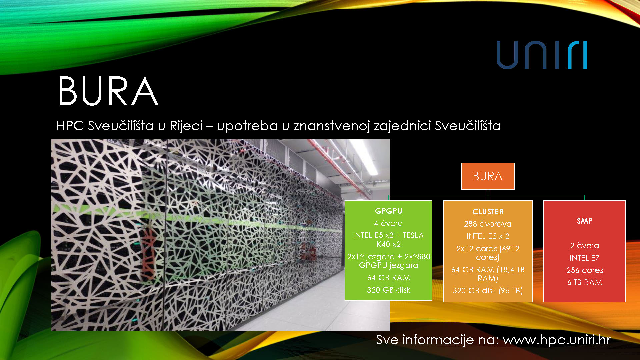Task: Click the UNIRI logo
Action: pyautogui.click(x=542, y=55)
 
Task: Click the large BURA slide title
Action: pyautogui.click(x=108, y=91)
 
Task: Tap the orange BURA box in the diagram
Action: pyautogui.click(x=488, y=176)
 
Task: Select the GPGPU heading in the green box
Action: pyautogui.click(x=389, y=211)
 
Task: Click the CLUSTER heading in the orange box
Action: pyautogui.click(x=488, y=212)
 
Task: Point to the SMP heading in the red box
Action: pyautogui.click(x=585, y=221)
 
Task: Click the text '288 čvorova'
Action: pyautogui.click(x=488, y=224)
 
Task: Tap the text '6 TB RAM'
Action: pyautogui.click(x=585, y=282)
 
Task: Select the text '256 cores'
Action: pyautogui.click(x=585, y=270)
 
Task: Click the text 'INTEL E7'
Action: pyautogui.click(x=584, y=258)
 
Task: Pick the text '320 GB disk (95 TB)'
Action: pyautogui.click(x=488, y=291)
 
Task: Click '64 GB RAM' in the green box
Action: pyautogui.click(x=389, y=278)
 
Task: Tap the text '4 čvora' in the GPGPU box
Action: pyautogui.click(x=388, y=223)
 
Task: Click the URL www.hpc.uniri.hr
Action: pyautogui.click(x=557, y=340)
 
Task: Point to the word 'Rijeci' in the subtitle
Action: pyautogui.click(x=186, y=126)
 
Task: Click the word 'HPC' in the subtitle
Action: pyautogui.click(x=70, y=126)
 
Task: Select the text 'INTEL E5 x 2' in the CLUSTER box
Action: pyautogui.click(x=488, y=236)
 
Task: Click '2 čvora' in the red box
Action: pyautogui.click(x=584, y=246)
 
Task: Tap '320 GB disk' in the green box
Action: pyautogui.click(x=389, y=290)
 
